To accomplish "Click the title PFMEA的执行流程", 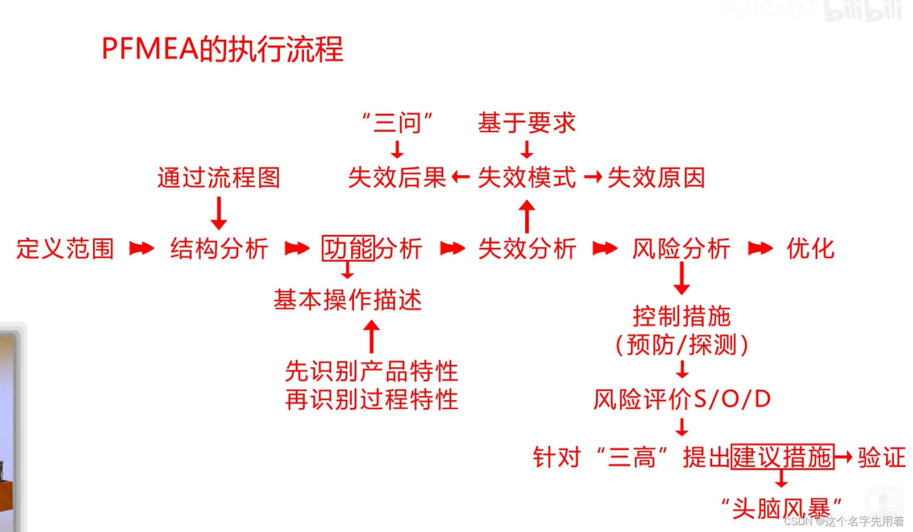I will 222,49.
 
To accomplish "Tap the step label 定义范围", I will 65,249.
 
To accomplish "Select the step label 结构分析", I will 219,249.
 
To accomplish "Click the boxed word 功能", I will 348,248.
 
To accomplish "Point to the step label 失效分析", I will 527,249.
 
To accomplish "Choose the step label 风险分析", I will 681,249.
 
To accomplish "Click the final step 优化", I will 810,249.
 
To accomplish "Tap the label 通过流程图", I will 219,178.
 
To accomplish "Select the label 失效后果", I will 397,178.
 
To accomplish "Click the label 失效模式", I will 527,178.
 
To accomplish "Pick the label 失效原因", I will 656,178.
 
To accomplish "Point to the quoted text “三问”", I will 397,123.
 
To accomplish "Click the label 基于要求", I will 527,123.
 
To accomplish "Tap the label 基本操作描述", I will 348,300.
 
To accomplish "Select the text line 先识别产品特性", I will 372,371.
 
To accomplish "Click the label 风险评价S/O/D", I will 682,399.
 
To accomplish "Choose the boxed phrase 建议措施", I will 782,457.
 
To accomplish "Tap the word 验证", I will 881,457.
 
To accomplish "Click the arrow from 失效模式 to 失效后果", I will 460,178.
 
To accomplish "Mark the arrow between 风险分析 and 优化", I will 760,248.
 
